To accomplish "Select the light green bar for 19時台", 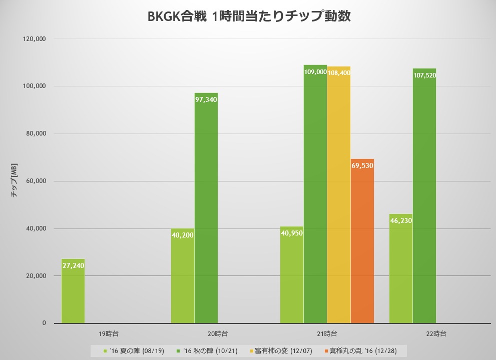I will [x=73, y=295].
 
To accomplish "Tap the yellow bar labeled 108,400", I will [x=339, y=200].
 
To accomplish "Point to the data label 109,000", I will [x=315, y=72].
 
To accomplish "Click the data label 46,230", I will [x=401, y=220].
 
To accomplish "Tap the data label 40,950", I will [x=292, y=233].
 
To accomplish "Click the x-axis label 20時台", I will [x=218, y=333].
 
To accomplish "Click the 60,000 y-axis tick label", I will [x=35, y=181].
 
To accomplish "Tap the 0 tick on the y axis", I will [x=44, y=323].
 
